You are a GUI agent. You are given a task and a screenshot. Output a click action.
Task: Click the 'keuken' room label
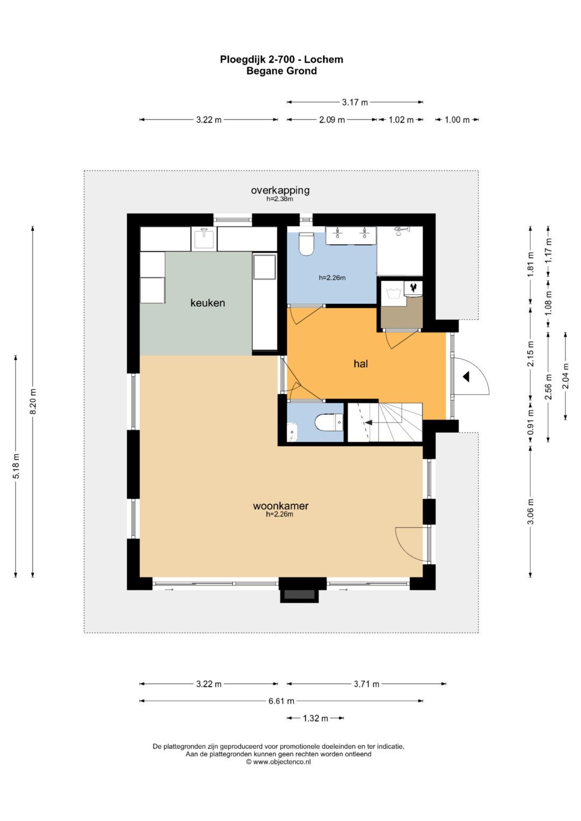coord(208,303)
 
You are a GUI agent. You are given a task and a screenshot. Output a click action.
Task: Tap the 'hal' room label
coord(360,363)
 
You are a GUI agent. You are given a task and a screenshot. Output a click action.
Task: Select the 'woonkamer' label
coord(281,506)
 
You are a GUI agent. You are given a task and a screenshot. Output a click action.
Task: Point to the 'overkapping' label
coord(280,190)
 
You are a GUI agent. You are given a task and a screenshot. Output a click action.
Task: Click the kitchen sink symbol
coord(204,239)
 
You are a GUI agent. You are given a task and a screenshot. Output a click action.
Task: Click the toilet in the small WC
coord(329,423)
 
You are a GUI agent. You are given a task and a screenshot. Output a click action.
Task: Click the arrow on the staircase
coord(369,423)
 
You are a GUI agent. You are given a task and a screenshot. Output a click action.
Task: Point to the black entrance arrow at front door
coord(466,376)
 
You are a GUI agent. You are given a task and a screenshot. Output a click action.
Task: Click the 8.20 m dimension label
coord(33,401)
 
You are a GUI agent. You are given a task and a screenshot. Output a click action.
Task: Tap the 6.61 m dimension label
coord(281,701)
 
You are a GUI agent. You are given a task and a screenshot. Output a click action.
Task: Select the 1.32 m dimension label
coord(315,718)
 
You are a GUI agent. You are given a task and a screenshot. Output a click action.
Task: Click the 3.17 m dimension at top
coord(355,102)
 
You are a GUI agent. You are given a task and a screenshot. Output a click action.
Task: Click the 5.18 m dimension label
coord(16,466)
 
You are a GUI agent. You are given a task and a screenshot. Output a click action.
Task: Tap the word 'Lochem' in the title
coord(323,59)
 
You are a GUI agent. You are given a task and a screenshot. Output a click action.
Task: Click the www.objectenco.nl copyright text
coord(279,762)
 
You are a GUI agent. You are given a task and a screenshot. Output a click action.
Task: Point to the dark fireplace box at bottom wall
coord(299,596)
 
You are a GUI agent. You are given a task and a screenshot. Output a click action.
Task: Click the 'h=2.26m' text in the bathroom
coord(332,278)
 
